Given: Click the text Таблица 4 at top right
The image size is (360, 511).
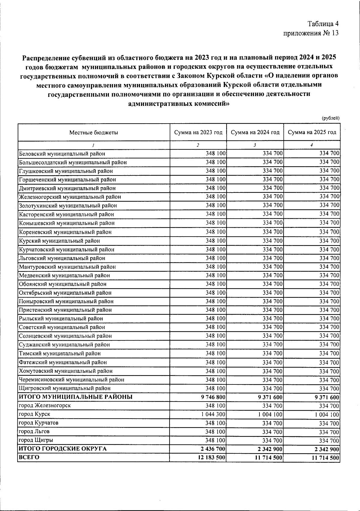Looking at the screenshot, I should point(322,24).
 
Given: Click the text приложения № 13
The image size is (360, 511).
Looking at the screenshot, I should point(311,33).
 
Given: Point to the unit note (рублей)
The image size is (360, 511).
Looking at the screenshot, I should point(330,118).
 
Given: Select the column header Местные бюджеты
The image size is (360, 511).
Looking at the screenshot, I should point(94,133).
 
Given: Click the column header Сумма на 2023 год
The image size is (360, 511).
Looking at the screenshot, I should point(198,133).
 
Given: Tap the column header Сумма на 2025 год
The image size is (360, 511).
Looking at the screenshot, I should point(312,133).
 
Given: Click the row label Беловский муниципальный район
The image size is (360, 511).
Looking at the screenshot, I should point(62,154).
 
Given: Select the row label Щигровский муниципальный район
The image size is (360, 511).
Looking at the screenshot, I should point(64,388).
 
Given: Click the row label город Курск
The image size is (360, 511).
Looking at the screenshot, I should point(34,414).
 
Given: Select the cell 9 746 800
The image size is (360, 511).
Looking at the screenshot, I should point(213,397).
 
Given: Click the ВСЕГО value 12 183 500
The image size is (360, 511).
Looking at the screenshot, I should point(210,458).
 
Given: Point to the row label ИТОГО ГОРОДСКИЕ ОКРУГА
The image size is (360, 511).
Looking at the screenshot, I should point(63,449).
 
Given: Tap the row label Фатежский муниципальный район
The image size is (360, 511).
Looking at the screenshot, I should point(63,362).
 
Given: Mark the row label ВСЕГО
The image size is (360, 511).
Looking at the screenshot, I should point(29,458).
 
